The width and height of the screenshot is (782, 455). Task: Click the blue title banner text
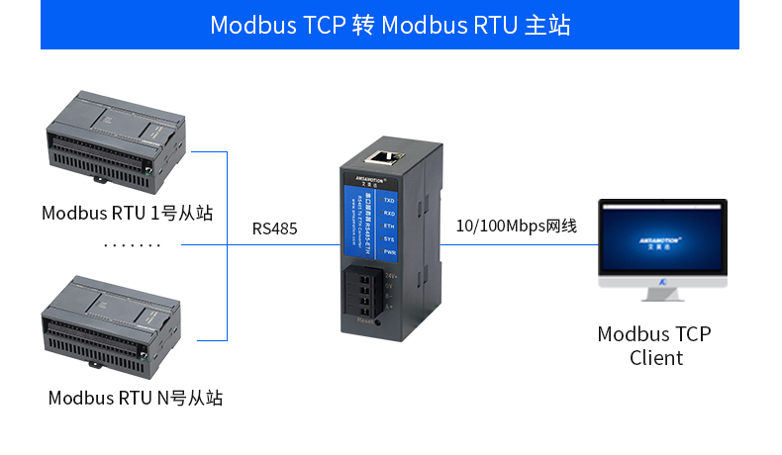click(390, 25)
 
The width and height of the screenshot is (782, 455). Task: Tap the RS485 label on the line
click(274, 228)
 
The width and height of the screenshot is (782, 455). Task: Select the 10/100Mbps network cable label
click(516, 227)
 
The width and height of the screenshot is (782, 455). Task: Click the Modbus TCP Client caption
click(655, 346)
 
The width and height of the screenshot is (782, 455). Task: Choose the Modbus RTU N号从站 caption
click(136, 399)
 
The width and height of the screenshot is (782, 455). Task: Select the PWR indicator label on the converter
click(389, 253)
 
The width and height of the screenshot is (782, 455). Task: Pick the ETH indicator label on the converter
click(389, 226)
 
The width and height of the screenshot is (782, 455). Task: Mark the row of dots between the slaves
click(130, 243)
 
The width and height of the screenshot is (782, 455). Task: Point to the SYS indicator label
click(389, 239)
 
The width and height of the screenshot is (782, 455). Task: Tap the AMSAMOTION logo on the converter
click(366, 179)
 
